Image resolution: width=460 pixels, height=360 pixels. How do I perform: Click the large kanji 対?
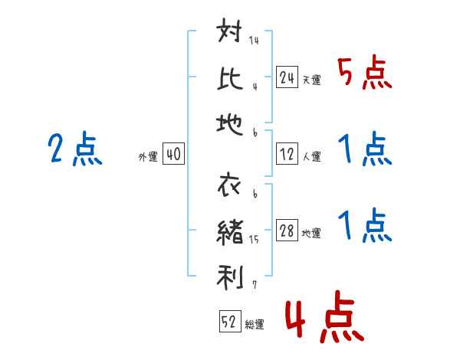click(229, 30)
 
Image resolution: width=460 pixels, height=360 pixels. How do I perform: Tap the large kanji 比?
click(230, 79)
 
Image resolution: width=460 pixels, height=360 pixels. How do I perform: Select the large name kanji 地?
click(229, 124)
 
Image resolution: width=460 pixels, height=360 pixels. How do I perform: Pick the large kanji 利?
click(230, 277)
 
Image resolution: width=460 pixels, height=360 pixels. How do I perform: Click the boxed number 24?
click(287, 77)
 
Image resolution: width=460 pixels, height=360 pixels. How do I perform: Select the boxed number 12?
click(287, 154)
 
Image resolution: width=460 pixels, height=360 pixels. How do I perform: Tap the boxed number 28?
click(287, 231)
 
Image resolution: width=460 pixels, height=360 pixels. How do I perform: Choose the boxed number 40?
click(173, 154)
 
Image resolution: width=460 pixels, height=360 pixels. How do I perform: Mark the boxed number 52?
click(230, 321)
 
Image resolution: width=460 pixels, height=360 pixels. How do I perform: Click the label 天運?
click(312, 80)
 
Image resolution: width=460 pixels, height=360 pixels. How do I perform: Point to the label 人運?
click(312, 156)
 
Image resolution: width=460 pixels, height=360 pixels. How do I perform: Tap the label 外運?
click(148, 157)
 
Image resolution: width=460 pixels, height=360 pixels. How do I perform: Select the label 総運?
click(255, 324)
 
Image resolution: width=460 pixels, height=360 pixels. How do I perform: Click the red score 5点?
click(364, 73)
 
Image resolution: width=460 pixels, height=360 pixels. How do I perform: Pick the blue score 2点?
click(75, 149)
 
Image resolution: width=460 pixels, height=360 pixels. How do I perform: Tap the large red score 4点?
click(324, 317)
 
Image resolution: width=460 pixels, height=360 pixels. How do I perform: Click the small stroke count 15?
click(254, 240)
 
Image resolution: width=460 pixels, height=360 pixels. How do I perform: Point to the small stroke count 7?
click(255, 285)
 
